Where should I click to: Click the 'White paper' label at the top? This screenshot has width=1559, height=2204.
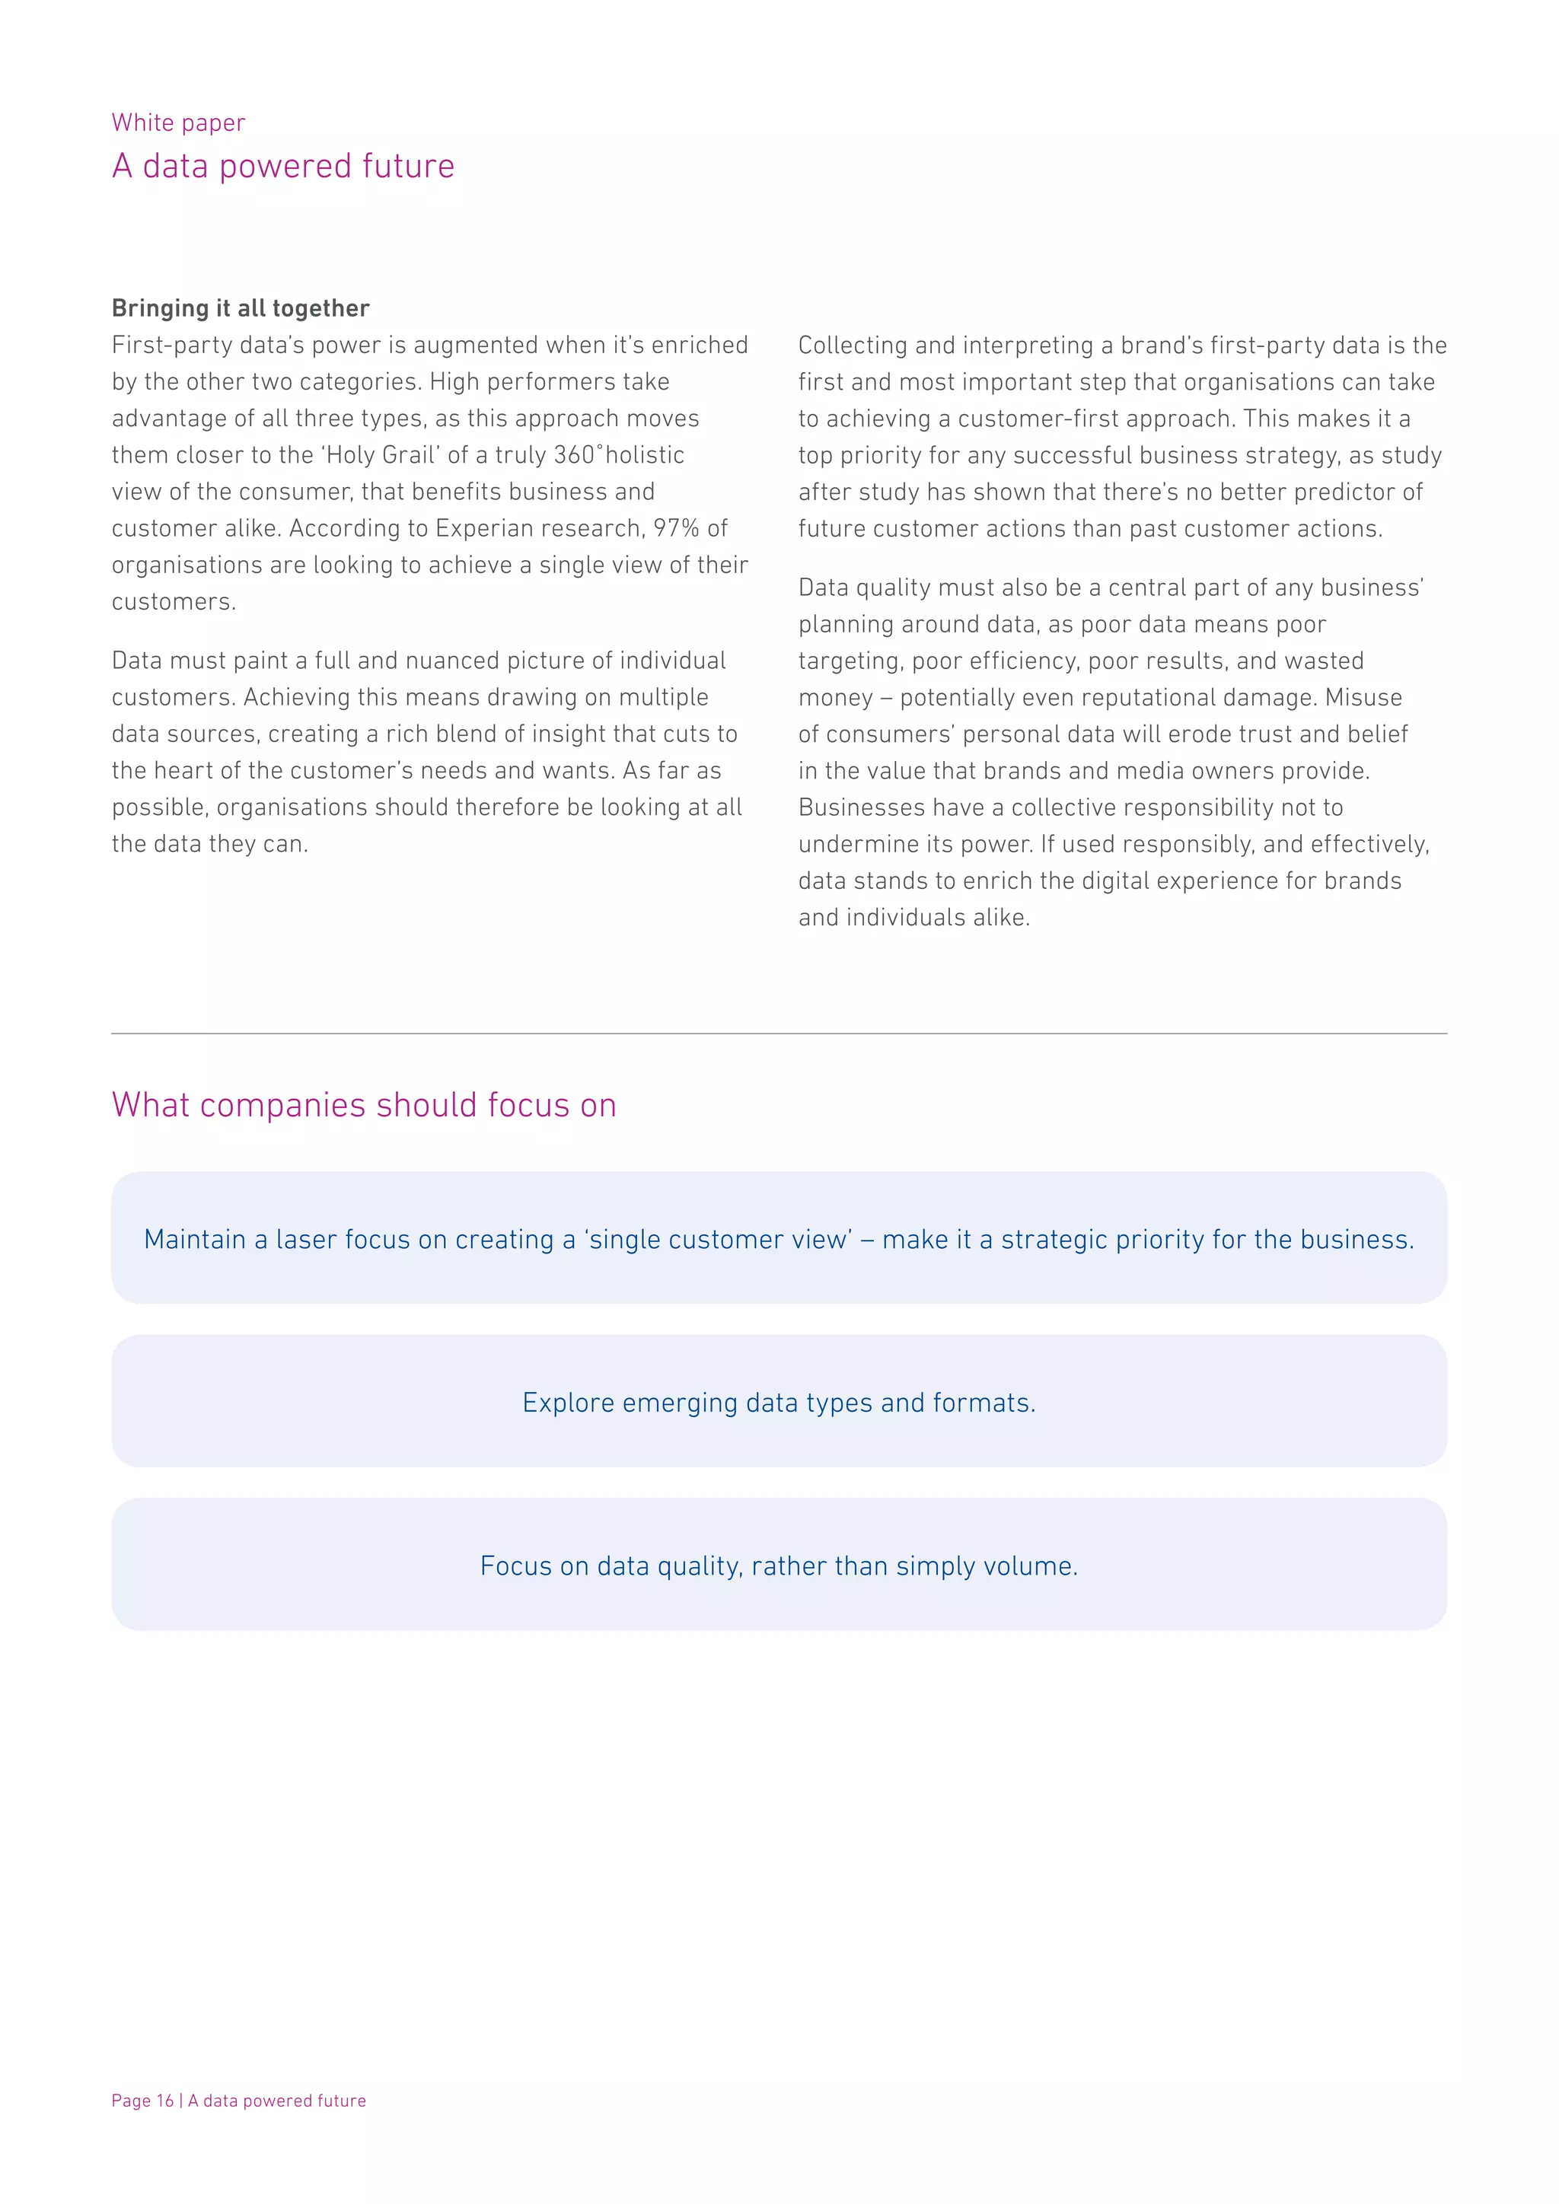pos(179,123)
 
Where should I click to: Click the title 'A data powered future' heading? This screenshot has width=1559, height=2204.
pos(283,166)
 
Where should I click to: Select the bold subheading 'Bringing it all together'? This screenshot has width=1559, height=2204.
pos(240,308)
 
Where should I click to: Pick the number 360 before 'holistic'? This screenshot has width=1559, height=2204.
pos(574,455)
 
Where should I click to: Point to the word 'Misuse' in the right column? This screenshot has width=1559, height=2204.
pos(1363,697)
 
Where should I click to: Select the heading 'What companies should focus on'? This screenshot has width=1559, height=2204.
pos(364,1105)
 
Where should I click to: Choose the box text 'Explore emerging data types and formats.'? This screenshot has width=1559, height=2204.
pos(779,1403)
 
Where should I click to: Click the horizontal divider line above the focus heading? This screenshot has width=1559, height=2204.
pos(779,1034)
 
